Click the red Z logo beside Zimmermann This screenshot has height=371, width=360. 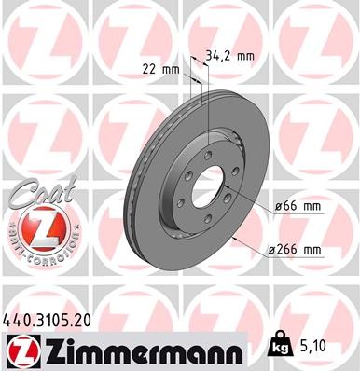point(21,350)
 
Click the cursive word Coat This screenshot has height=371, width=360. point(35,198)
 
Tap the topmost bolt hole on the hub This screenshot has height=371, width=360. point(213,154)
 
